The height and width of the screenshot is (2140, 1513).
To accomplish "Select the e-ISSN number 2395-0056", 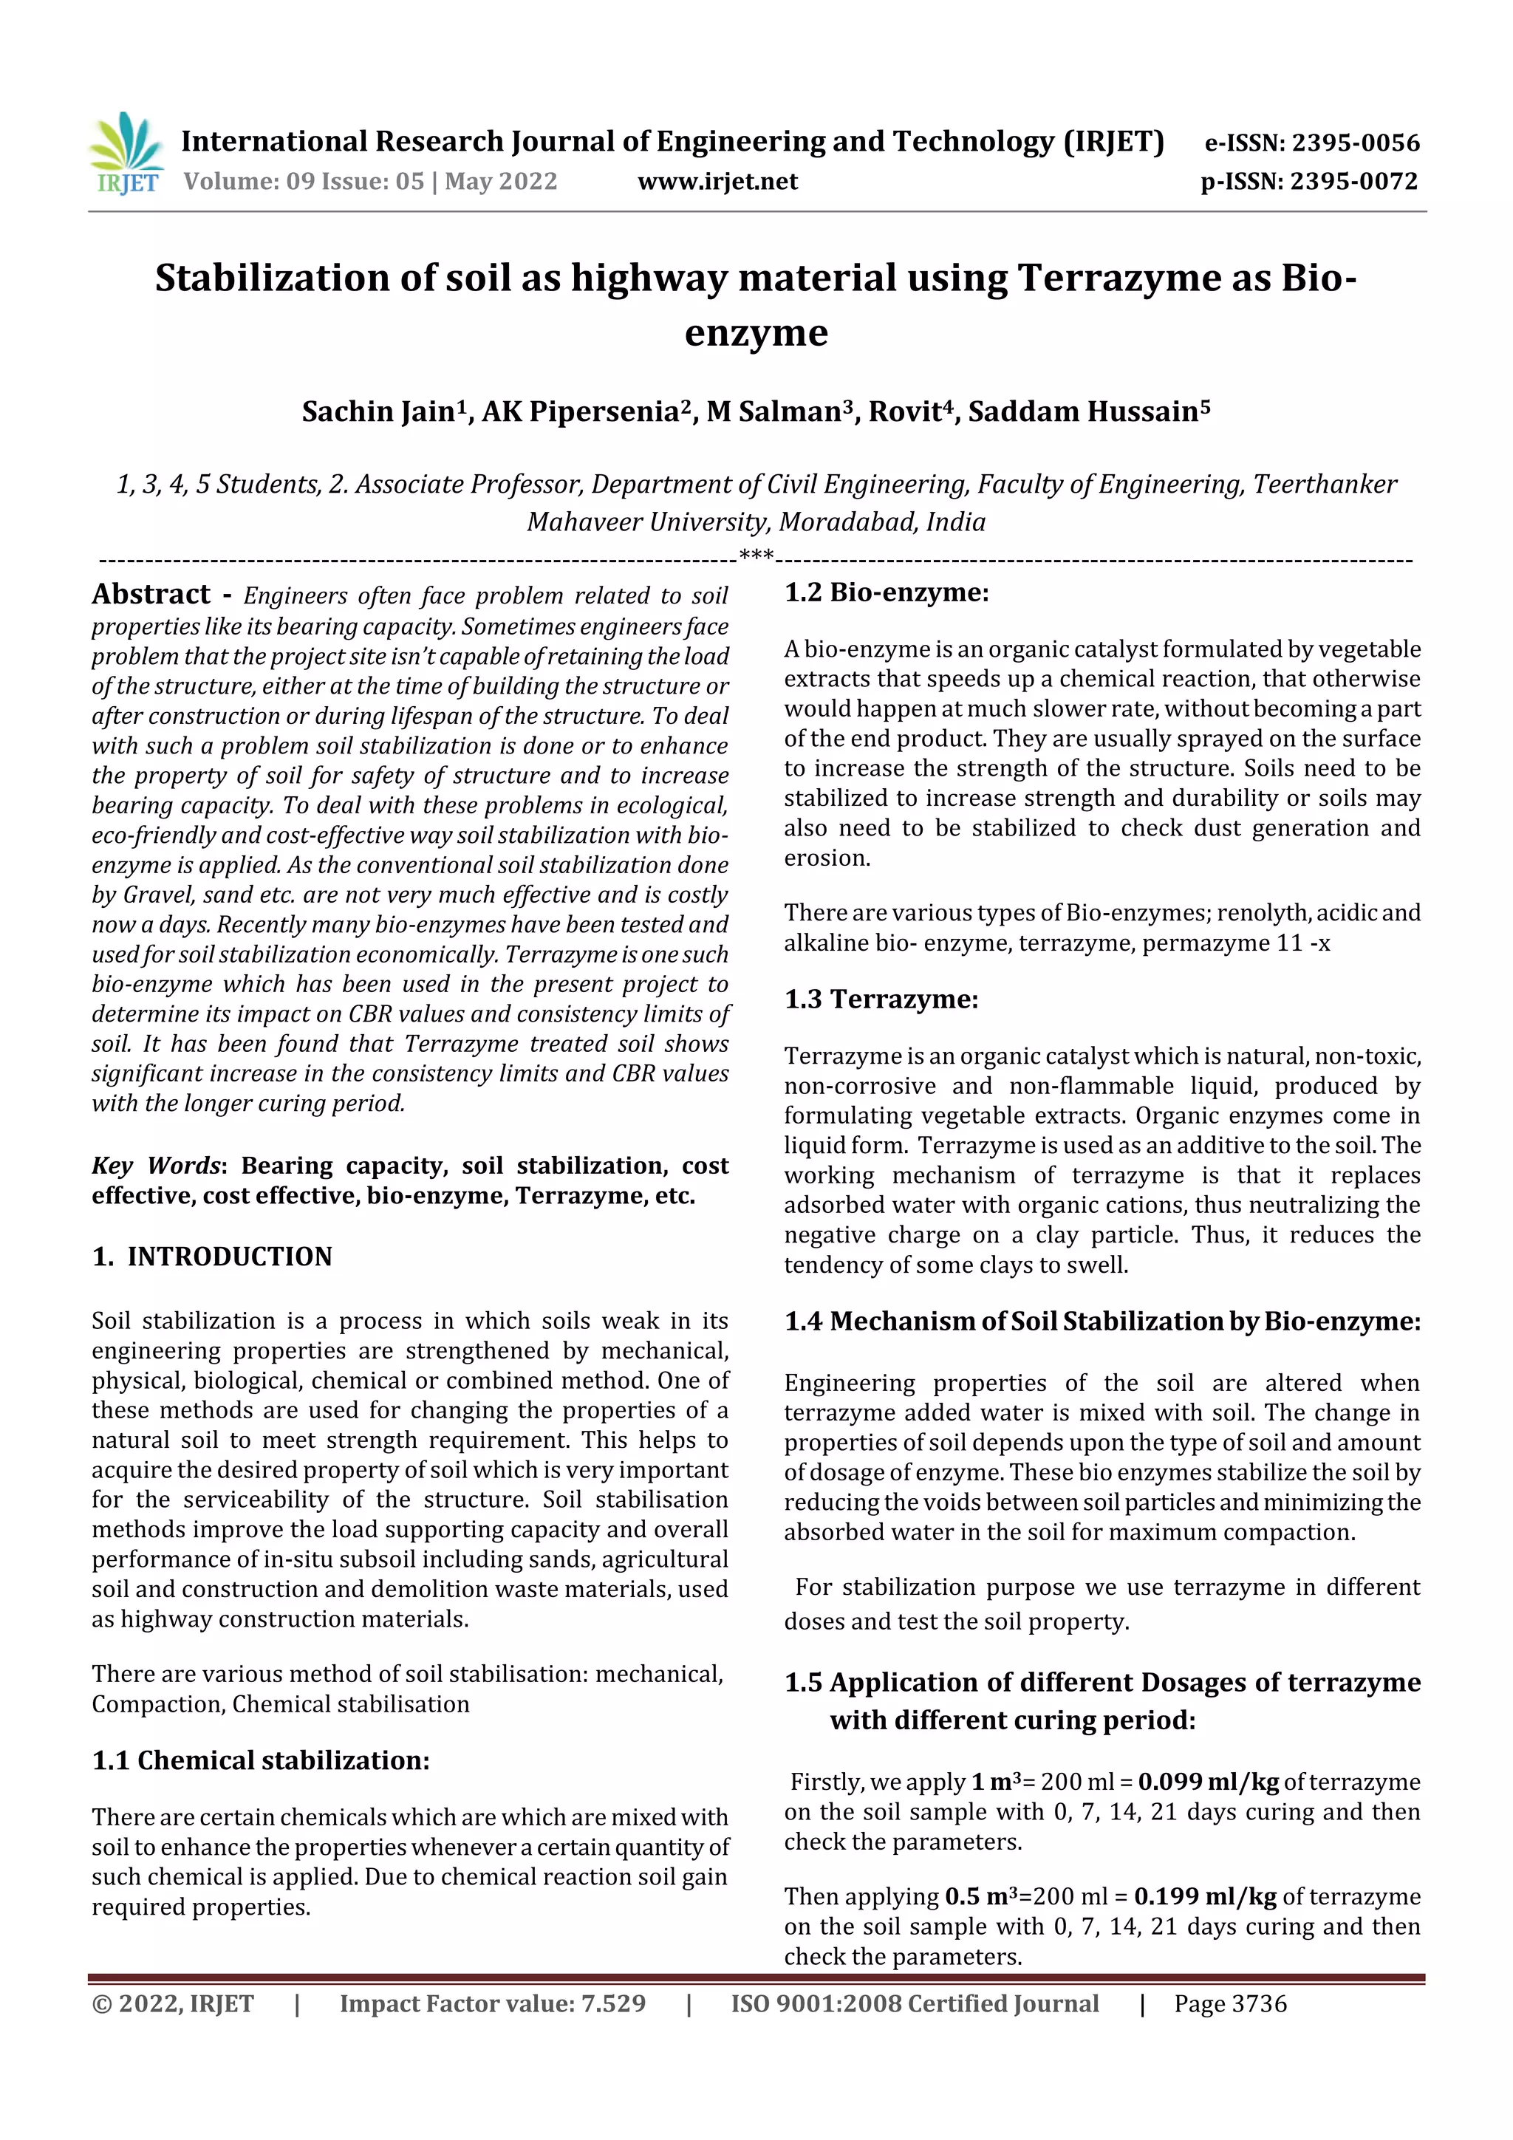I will point(1354,143).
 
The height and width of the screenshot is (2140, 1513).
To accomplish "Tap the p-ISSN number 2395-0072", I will point(1353,181).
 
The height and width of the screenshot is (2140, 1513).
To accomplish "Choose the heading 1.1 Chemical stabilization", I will point(260,1760).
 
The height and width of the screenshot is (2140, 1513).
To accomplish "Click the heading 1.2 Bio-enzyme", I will point(886,592).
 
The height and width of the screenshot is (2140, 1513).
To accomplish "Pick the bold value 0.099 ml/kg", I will point(1208,1782).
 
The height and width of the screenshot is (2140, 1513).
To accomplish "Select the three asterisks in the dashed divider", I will point(756,556).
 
